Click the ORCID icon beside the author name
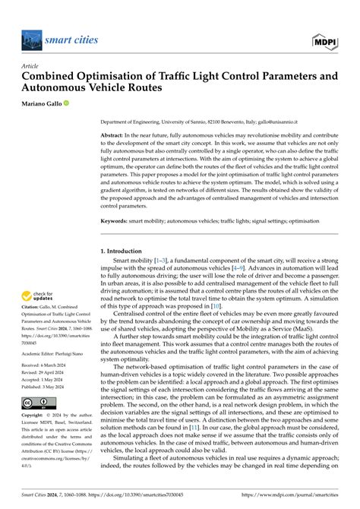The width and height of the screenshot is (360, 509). [x=66, y=103]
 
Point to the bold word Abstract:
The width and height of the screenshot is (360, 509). [x=115, y=134]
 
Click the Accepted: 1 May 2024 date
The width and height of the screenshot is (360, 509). [x=46, y=379]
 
